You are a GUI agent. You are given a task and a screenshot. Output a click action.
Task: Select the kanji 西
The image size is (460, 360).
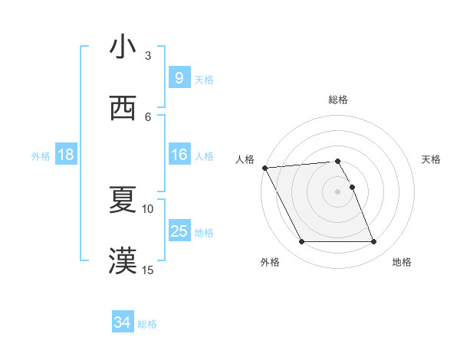(x=122, y=108)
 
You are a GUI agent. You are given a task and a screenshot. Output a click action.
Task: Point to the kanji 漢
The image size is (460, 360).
(x=122, y=261)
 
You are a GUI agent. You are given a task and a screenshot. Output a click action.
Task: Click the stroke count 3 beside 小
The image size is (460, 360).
(x=148, y=55)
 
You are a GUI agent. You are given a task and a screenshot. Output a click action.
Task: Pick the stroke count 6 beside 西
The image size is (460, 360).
(x=148, y=116)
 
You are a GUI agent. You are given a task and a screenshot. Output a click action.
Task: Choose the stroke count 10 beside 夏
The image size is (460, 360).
(x=148, y=208)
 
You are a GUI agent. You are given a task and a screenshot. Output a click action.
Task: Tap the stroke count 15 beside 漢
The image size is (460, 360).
(x=148, y=270)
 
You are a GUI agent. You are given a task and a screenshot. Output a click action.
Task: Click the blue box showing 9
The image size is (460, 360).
(x=179, y=77)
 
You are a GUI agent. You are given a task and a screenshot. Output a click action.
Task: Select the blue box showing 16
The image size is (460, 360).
(x=179, y=155)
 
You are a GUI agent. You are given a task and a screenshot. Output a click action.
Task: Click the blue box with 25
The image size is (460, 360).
(x=179, y=231)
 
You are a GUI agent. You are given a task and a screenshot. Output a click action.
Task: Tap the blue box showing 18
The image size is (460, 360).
(x=65, y=155)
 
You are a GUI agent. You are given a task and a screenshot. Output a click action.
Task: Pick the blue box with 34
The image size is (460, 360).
(x=122, y=323)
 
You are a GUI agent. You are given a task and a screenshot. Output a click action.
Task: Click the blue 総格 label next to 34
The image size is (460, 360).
(x=147, y=324)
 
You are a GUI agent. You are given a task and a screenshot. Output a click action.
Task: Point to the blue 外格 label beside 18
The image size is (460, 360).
(x=41, y=155)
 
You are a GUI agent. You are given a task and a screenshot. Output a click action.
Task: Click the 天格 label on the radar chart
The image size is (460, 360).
(x=432, y=159)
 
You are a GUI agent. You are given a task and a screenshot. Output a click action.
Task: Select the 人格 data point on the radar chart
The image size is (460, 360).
(x=265, y=168)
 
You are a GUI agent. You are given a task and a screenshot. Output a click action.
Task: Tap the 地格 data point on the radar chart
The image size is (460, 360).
(x=373, y=242)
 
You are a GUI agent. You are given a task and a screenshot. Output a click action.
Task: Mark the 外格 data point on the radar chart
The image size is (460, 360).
(x=301, y=242)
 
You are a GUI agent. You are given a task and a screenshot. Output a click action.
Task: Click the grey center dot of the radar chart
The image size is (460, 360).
(x=337, y=191)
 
